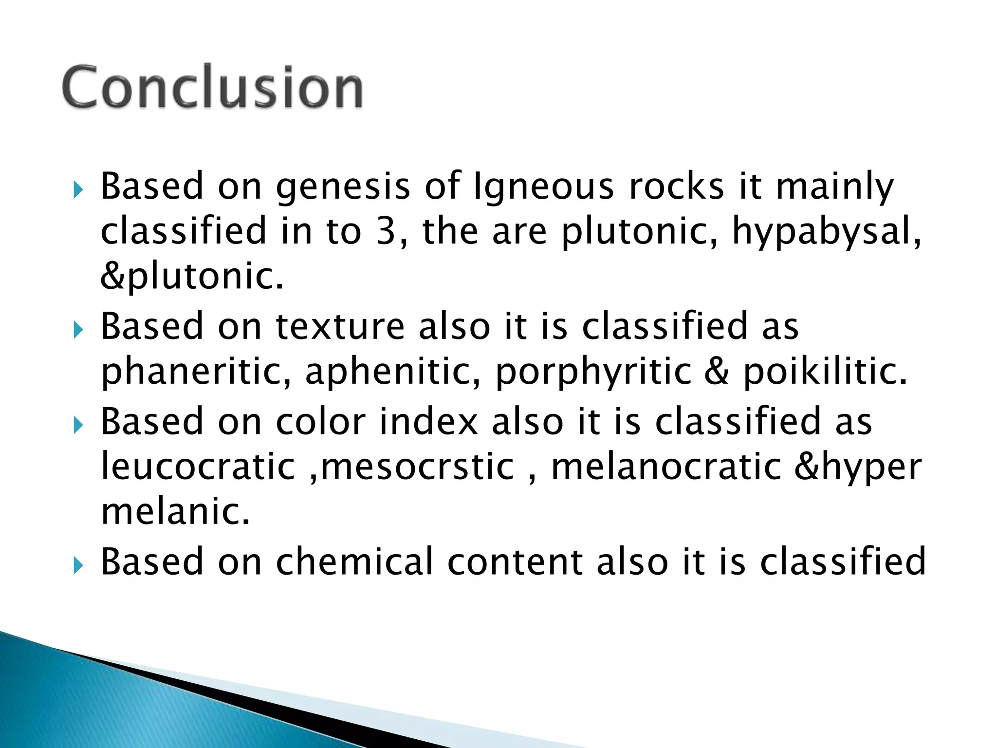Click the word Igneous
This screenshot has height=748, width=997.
pyautogui.click(x=544, y=187)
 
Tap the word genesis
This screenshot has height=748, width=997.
pyautogui.click(x=343, y=187)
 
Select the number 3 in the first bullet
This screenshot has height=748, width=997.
pyautogui.click(x=386, y=231)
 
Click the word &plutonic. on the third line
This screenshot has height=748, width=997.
pyautogui.click(x=192, y=276)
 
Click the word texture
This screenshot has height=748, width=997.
pyautogui.click(x=340, y=326)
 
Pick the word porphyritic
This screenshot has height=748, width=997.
pyautogui.click(x=593, y=372)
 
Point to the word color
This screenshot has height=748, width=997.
pyautogui.click(x=320, y=422)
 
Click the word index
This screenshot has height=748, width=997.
pyautogui.click(x=428, y=422)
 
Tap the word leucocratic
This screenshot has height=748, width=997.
pyautogui.click(x=198, y=467)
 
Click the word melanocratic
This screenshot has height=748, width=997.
pyautogui.click(x=666, y=467)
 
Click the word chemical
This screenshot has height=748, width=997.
pyautogui.click(x=354, y=562)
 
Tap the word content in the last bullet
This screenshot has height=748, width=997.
pyautogui.click(x=515, y=562)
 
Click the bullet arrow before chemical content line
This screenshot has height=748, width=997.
pyautogui.click(x=78, y=566)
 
